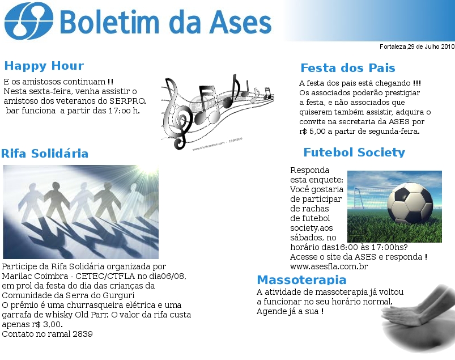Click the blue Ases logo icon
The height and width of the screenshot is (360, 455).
29,21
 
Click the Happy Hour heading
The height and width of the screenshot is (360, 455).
44,66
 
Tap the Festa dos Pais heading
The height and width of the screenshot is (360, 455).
348,68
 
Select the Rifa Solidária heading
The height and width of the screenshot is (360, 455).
45,153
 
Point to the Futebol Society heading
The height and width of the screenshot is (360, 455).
354,153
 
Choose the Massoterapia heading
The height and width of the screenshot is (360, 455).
302,279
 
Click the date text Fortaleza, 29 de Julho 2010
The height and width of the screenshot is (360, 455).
417,46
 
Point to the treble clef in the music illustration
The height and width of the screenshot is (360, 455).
176,116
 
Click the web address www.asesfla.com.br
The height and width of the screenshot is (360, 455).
329,266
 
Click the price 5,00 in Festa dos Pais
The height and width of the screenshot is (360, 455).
317,131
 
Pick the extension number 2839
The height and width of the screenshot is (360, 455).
83,334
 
